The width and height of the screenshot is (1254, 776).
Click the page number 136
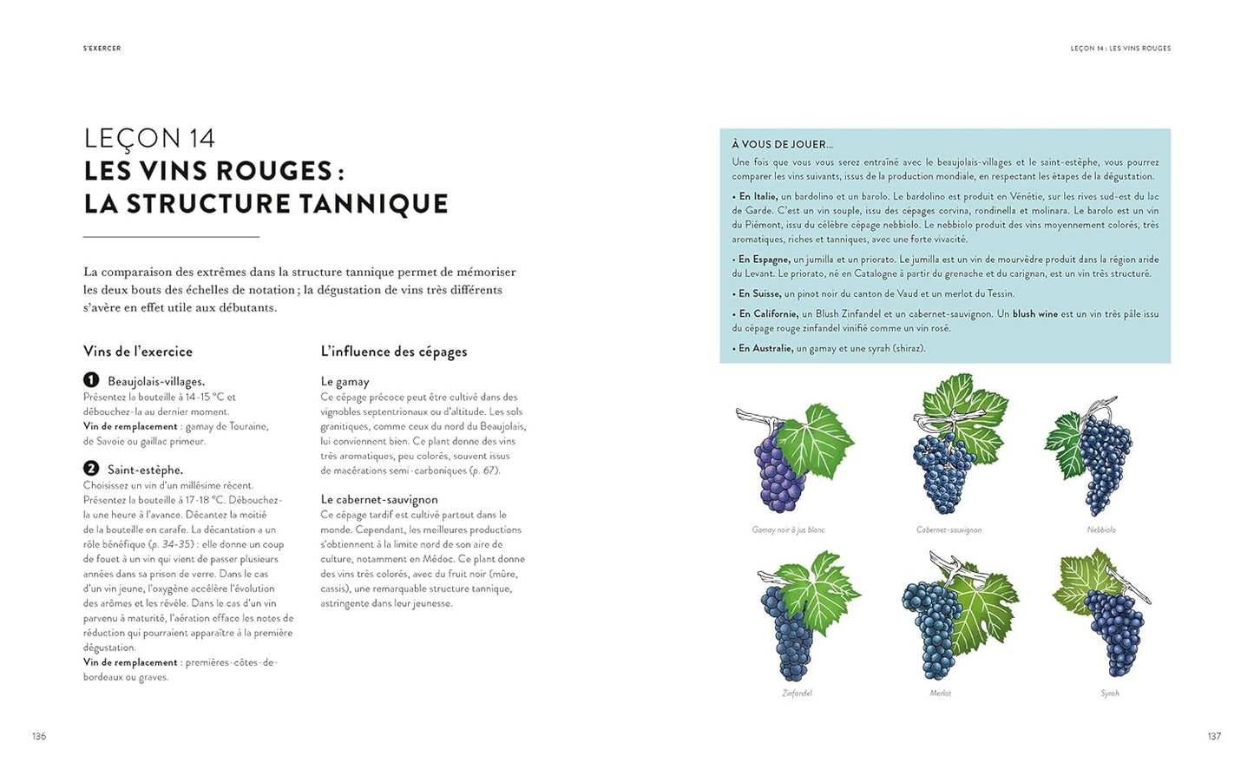tap(39, 736)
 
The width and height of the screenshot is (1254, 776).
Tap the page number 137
tap(1214, 736)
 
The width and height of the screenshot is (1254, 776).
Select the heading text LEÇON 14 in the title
tap(149, 138)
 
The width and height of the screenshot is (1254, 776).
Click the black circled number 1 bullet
tap(91, 379)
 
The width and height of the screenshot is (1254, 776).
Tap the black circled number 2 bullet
tap(91, 468)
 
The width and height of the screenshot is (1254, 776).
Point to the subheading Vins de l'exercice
tap(138, 351)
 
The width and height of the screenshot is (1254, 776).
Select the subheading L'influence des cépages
tap(394, 351)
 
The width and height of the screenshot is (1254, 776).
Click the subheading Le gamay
tap(345, 381)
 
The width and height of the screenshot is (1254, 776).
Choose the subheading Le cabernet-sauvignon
tap(379, 499)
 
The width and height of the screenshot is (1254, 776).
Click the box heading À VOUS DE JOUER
tap(782, 144)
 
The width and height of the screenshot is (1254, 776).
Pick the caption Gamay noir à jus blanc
tap(788, 529)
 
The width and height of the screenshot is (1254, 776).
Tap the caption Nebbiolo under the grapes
tap(1101, 529)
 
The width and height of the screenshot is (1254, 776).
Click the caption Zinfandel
tap(797, 693)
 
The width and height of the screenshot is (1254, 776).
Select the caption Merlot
tap(940, 693)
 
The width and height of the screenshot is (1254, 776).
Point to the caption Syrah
tap(1110, 693)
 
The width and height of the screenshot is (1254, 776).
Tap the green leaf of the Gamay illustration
tap(816, 443)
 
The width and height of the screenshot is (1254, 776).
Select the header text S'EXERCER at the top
tap(102, 49)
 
